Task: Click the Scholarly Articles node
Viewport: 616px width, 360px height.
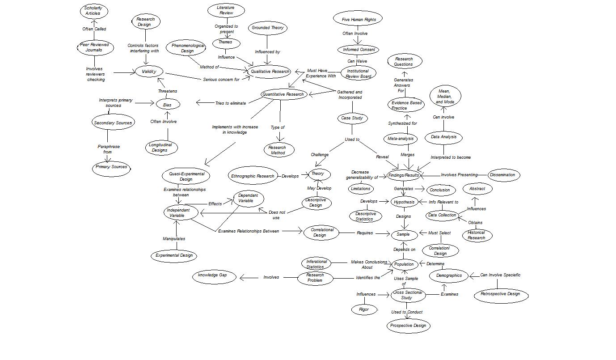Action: pos(93,11)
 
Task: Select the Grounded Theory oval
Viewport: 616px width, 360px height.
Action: pos(267,28)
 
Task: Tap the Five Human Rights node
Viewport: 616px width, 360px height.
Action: pos(359,19)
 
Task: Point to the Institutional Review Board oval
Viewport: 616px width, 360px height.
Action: pos(358,73)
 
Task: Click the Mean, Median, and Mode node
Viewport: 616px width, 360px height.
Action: pos(445,97)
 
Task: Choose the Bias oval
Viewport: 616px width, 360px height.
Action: pos(167,104)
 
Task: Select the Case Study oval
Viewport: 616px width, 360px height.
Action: pos(352,118)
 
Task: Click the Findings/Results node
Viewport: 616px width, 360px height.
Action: pos(404,175)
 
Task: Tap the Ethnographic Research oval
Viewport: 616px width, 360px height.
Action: pos(253,176)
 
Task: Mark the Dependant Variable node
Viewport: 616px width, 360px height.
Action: pos(248,198)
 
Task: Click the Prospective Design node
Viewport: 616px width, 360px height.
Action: pos(408,326)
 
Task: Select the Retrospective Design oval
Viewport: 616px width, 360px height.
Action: pos(500,294)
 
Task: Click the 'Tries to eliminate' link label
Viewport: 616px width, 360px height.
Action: pos(230,103)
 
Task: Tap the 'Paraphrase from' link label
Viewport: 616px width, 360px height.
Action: pos(108,149)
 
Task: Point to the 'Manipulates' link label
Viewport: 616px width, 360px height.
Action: pos(174,239)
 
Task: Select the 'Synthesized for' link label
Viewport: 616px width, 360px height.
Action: pos(402,123)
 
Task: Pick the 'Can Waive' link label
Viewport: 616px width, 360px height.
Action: pos(357,61)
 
